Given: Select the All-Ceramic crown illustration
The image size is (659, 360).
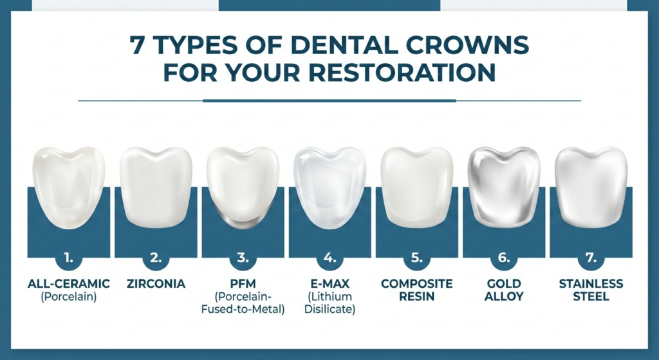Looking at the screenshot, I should pyautogui.click(x=68, y=185).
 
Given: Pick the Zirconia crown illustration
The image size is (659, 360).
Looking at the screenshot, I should pyautogui.click(x=156, y=186).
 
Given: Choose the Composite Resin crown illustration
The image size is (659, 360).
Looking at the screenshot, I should pyautogui.click(x=416, y=186).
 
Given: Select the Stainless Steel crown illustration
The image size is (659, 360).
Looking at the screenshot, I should pyautogui.click(x=591, y=186).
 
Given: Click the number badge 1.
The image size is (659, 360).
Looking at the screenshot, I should pyautogui.click(x=68, y=258).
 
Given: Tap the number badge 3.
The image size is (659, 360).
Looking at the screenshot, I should pyautogui.click(x=243, y=258).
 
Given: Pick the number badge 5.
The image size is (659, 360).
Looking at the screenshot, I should pyautogui.click(x=416, y=258).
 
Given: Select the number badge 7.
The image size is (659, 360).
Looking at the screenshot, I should pyautogui.click(x=591, y=258).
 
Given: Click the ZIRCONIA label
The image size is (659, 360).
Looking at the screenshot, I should pyautogui.click(x=156, y=284).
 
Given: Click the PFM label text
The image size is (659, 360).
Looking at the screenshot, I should pyautogui.click(x=243, y=284).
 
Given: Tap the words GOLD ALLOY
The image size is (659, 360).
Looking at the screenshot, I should pyautogui.click(x=504, y=290).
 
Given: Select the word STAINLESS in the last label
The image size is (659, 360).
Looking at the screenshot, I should pyautogui.click(x=591, y=284).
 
